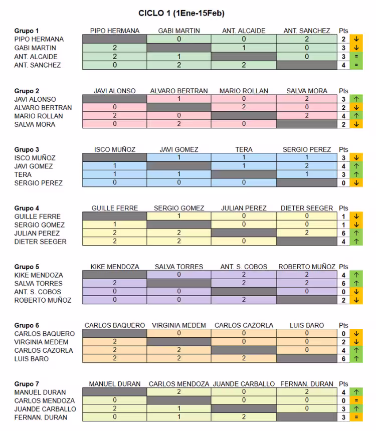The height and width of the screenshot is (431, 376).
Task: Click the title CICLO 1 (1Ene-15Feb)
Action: coord(181,13)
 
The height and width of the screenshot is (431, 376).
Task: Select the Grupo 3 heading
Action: coord(27,149)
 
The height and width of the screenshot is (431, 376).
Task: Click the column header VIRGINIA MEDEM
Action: coord(179,325)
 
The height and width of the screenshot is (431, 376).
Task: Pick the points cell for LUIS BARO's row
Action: coord(343,359)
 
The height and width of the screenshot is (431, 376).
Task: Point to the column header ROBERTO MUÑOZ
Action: coord(307,267)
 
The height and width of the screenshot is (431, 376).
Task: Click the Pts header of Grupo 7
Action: coord(343,384)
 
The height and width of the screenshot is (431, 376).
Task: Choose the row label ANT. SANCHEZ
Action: coord(38,65)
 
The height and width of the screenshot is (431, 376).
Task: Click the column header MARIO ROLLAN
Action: coord(244,91)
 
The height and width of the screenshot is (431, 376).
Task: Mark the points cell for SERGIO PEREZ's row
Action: coord(343,183)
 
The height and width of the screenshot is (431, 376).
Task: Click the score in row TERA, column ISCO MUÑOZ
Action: coord(115,174)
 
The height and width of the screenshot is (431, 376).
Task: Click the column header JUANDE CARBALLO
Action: coord(244,384)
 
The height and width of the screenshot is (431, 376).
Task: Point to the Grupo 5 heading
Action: coord(27,267)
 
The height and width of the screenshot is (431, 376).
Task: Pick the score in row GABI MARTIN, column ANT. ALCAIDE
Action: coord(244,48)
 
